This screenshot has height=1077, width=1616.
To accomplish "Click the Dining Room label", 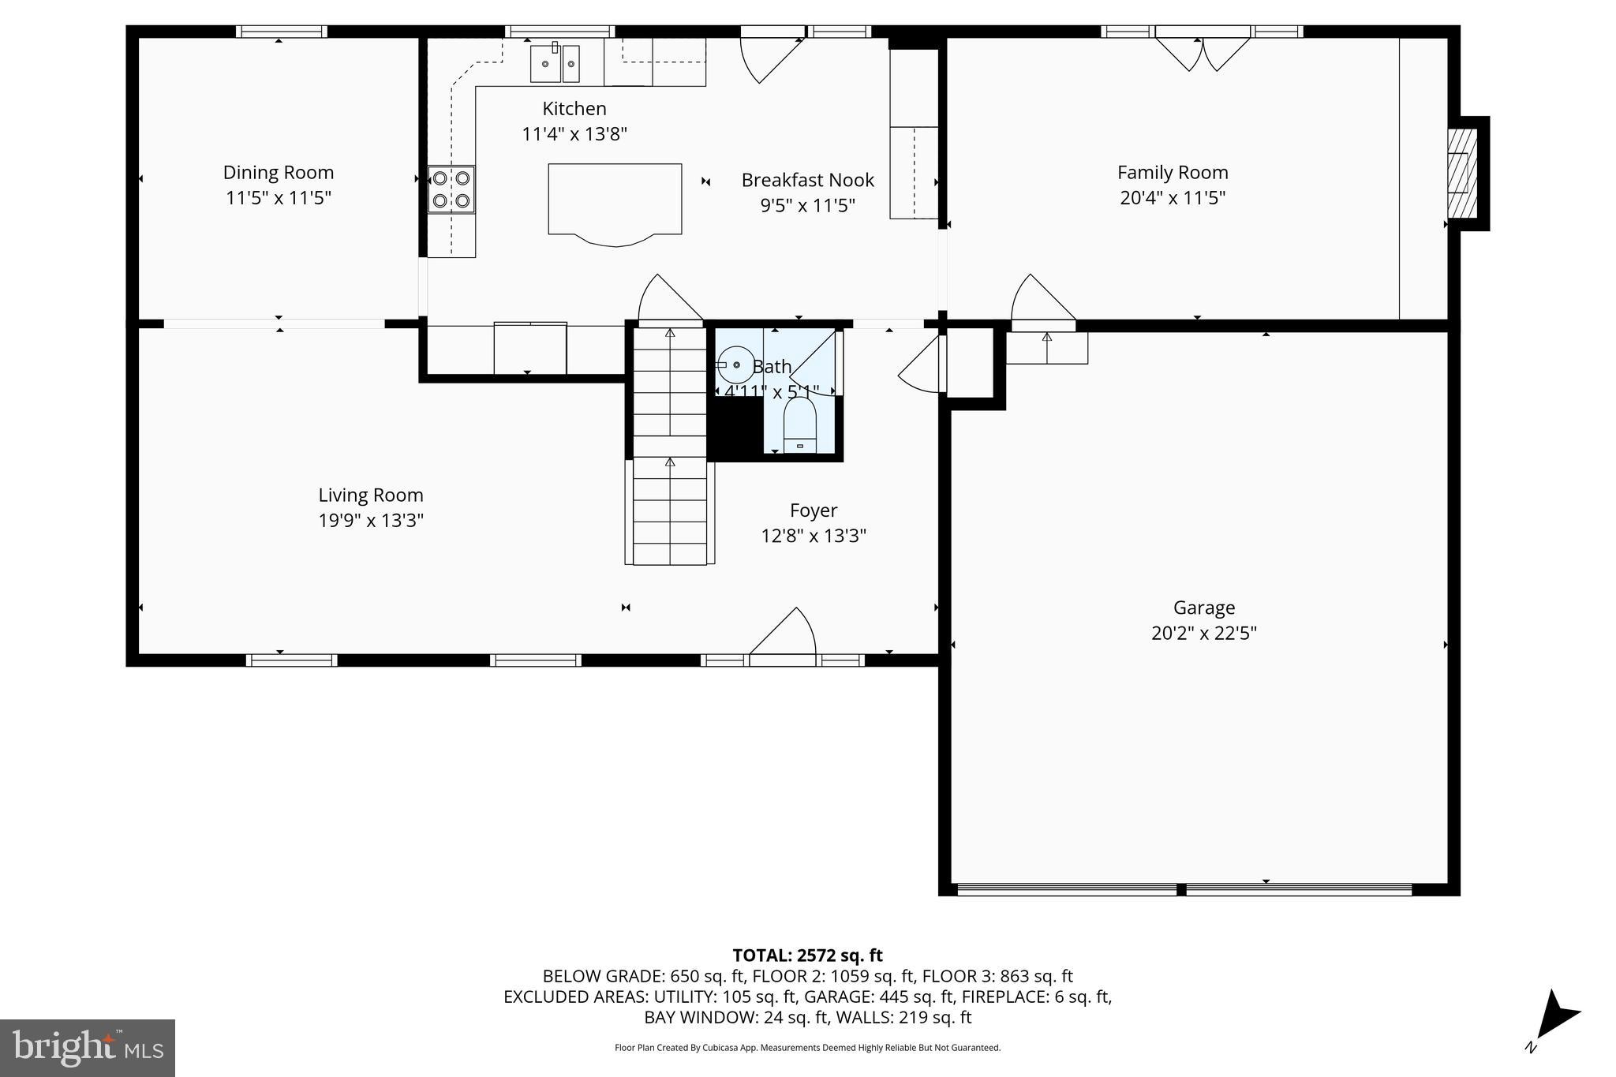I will (x=278, y=172).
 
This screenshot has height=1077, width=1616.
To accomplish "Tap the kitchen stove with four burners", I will (x=451, y=189).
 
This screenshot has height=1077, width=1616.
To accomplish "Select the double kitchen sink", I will (x=555, y=63).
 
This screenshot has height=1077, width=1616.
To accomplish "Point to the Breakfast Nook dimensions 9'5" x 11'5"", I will (x=807, y=205).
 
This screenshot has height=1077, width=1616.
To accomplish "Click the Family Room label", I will (x=1172, y=172).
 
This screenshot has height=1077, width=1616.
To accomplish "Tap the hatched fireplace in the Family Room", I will (x=1461, y=173).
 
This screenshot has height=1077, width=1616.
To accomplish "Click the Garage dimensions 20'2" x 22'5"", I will (x=1203, y=633).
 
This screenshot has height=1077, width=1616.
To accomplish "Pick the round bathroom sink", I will (x=735, y=365).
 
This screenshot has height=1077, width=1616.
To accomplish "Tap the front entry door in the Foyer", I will (x=783, y=635).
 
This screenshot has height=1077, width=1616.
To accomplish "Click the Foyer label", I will (x=813, y=510).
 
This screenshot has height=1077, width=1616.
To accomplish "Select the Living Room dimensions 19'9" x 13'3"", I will (x=371, y=520).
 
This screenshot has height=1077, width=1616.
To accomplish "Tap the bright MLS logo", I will (x=88, y=1048).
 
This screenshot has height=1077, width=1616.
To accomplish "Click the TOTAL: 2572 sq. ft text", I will (x=807, y=955).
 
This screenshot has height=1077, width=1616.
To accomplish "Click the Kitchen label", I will (x=574, y=108).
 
